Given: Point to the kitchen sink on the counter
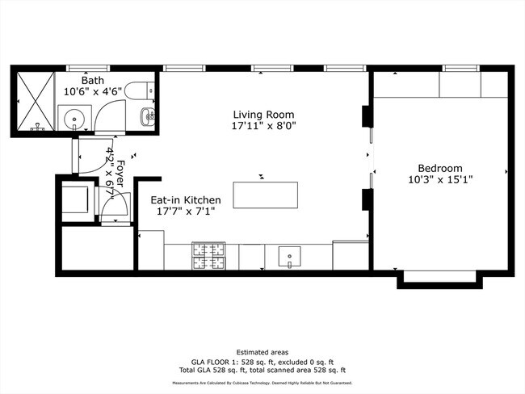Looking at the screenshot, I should [x=290, y=257].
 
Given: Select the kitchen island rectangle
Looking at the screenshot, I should [x=265, y=195].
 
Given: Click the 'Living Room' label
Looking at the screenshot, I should [x=263, y=114].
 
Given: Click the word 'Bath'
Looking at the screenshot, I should [x=91, y=81].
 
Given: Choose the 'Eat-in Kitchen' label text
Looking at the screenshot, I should [x=185, y=199].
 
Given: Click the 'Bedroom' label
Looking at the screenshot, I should [x=440, y=167].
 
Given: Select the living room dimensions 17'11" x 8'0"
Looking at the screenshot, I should [x=263, y=126].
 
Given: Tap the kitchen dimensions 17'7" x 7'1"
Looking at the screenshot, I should [x=185, y=212].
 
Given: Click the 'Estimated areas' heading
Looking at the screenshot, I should [x=262, y=352].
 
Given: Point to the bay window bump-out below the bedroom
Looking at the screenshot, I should [x=440, y=279].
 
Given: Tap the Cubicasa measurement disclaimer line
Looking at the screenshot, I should [x=262, y=383].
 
